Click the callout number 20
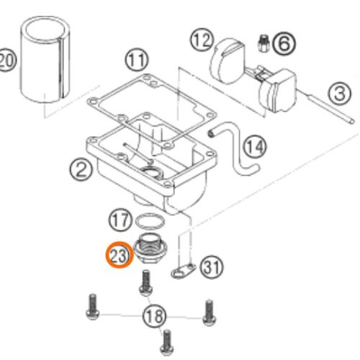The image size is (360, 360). click(7, 60)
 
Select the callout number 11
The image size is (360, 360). click(137, 60)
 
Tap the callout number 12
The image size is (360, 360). click(202, 40)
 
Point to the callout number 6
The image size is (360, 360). click(284, 44)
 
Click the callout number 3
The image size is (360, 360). click(340, 93)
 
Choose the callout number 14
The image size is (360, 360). click(255, 146)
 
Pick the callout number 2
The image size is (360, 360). click(81, 169)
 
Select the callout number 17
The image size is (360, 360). click(120, 220)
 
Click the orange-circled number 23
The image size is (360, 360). click(119, 255)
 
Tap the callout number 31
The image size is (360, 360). click(212, 268)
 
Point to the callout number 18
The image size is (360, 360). click(154, 316)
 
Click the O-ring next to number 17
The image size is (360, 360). click(150, 221)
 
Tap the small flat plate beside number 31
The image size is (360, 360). click(184, 271)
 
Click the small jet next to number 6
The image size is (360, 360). click(264, 43)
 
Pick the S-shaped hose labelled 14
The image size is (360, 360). click(236, 149)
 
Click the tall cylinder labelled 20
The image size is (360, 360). click(45, 59)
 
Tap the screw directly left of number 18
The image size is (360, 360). click(92, 307)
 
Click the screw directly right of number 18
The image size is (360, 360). click(210, 312)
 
